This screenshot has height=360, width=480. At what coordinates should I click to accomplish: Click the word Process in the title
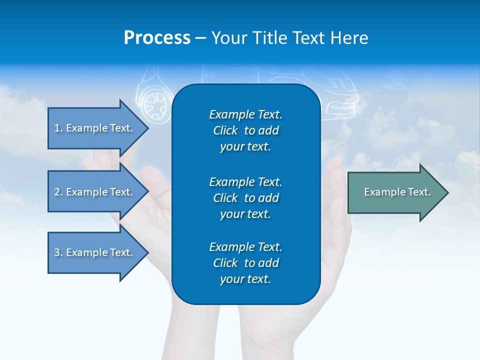click(157, 38)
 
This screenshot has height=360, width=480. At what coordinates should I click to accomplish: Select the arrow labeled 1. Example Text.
click(95, 128)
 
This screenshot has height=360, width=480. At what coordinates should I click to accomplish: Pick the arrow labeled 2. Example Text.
click(95, 192)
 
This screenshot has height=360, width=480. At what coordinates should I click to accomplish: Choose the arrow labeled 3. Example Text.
click(95, 252)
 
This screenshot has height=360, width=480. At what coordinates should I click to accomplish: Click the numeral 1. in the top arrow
click(58, 128)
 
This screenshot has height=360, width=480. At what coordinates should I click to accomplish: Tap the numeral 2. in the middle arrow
click(58, 192)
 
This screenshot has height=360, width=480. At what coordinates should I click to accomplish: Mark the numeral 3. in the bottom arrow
click(58, 252)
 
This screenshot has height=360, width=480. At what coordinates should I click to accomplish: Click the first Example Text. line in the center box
click(245, 114)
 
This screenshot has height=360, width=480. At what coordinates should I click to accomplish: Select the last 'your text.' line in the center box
click(245, 279)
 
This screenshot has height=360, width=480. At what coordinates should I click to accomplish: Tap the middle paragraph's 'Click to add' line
click(245, 198)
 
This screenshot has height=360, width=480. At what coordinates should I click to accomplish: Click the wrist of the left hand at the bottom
click(190, 340)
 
